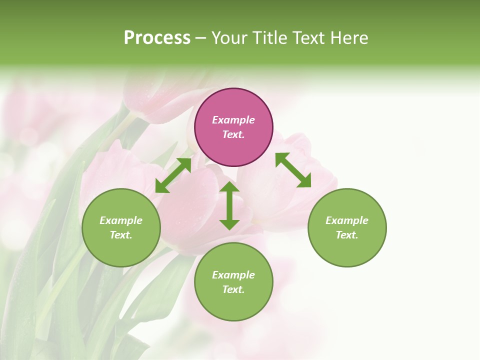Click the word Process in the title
pyautogui.click(x=157, y=38)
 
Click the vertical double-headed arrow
pyautogui.click(x=229, y=205)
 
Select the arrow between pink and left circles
pyautogui.click(x=173, y=175)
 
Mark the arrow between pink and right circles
pyautogui.click(x=293, y=170)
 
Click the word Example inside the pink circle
pyautogui.click(x=233, y=120)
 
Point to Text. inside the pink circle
pyautogui.click(x=233, y=134)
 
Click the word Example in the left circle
pyautogui.click(x=121, y=220)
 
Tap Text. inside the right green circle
pyautogui.click(x=347, y=235)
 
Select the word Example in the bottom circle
pyautogui.click(x=233, y=275)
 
